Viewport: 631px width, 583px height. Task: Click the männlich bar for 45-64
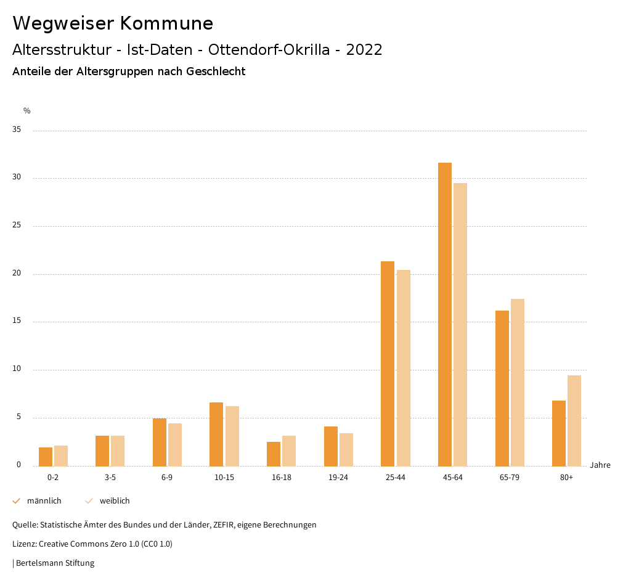pyautogui.click(x=444, y=314)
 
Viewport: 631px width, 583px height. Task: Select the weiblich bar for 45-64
pyautogui.click(x=460, y=324)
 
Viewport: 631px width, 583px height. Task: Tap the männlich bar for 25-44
pyautogui.click(x=388, y=364)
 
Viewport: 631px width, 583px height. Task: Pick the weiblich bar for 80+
pyautogui.click(x=574, y=420)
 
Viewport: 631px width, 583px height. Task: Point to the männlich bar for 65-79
pyautogui.click(x=502, y=388)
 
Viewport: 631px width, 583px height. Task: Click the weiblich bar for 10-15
pyautogui.click(x=232, y=436)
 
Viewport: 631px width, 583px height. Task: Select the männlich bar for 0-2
pyautogui.click(x=46, y=457)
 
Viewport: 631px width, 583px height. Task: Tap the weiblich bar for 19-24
pyautogui.click(x=346, y=449)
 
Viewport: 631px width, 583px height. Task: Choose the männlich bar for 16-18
pyautogui.click(x=274, y=454)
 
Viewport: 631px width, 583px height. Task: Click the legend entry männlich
pyautogui.click(x=44, y=501)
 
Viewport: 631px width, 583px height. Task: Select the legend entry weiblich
pyautogui.click(x=115, y=501)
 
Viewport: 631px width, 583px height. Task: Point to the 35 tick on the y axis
pyautogui.click(x=17, y=130)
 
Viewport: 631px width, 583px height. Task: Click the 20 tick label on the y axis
pyautogui.click(x=17, y=274)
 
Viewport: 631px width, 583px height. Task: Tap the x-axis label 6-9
pyautogui.click(x=167, y=478)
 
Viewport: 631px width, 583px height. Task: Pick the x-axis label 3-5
pyautogui.click(x=110, y=478)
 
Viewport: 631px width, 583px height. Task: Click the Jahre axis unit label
pyautogui.click(x=600, y=465)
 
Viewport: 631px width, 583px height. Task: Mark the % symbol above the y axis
pyautogui.click(x=27, y=111)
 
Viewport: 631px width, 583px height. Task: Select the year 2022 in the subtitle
pyautogui.click(x=364, y=50)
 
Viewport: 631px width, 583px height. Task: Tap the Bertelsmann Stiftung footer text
pyautogui.click(x=54, y=563)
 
